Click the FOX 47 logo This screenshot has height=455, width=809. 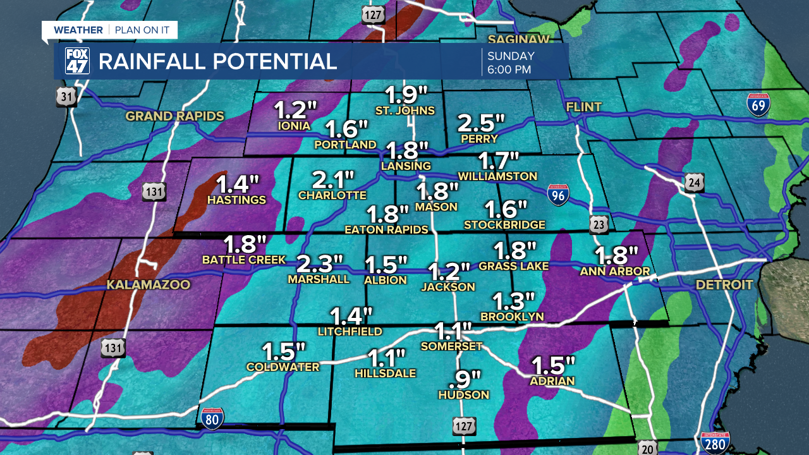pos(77,61)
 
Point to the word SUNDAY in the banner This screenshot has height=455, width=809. pos(511,56)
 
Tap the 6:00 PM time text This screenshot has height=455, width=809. pos(509,70)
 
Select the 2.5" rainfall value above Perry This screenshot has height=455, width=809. pos(482,122)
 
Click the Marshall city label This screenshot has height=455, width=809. pos(319,279)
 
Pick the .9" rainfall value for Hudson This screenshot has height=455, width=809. pos(464,379)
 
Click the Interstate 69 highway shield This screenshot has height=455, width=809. pos(758,105)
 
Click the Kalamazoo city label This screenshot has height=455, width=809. pos(148,285)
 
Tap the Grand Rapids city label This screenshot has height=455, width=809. pos(175,116)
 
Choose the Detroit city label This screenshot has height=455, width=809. pos(724,285)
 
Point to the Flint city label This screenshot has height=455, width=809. pos(583,107)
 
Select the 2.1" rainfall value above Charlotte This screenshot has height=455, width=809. pos(332,179)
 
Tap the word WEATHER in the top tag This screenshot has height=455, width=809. pos(78,30)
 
